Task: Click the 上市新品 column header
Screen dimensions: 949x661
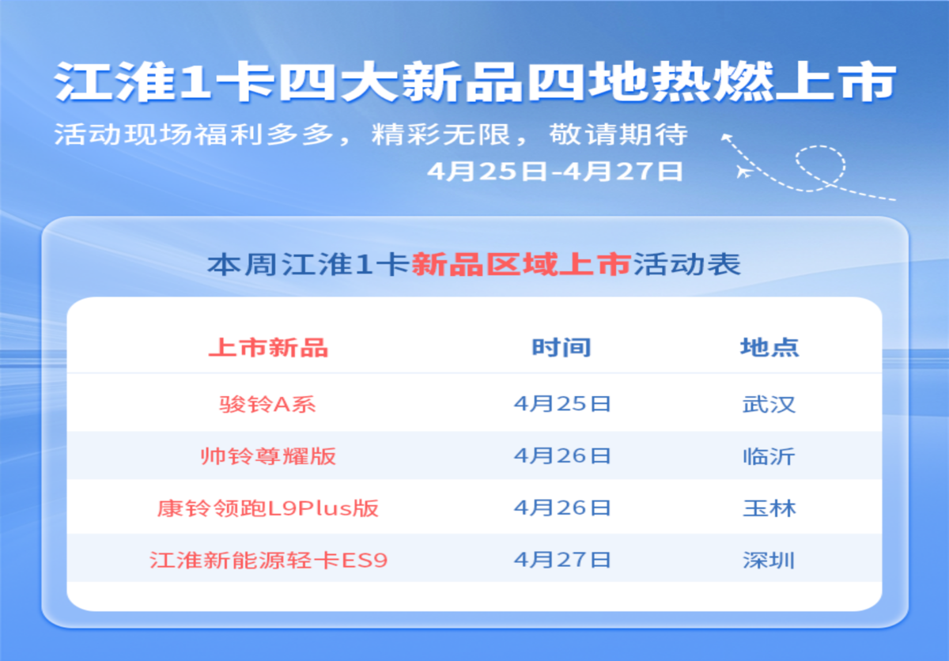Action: point(269,348)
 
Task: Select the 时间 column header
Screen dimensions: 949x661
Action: point(561,348)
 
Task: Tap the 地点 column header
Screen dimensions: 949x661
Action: point(769,348)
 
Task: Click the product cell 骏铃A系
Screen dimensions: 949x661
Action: point(267,404)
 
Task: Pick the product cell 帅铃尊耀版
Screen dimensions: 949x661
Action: point(268,456)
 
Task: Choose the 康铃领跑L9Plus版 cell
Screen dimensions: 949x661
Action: point(268,508)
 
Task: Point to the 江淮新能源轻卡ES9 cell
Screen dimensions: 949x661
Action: point(269,561)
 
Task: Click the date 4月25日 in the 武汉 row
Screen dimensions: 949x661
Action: point(562,403)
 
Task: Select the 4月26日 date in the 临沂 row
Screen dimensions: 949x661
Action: point(562,455)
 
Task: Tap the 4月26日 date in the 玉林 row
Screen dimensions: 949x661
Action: point(562,508)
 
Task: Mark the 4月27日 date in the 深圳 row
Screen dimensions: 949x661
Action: point(562,560)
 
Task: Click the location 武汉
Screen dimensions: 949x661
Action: point(769,404)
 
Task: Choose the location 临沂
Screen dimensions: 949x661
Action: point(769,456)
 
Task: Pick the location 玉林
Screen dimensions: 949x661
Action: point(769,508)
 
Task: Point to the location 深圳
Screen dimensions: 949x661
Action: point(769,561)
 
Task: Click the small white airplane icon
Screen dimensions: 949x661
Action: point(744,172)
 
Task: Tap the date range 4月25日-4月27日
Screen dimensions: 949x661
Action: point(555,172)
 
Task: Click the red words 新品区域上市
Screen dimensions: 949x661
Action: point(521,264)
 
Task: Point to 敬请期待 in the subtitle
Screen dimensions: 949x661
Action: point(618,134)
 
